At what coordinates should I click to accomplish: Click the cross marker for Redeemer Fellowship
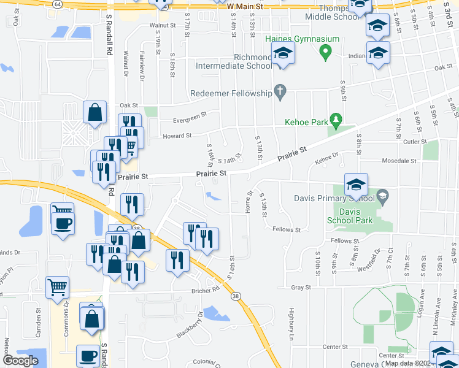[280, 93]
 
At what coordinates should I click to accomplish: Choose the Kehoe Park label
[306, 122]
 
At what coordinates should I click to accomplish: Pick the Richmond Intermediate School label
[233, 64]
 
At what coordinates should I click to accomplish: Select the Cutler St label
[415, 142]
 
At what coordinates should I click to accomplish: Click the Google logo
[20, 361]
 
